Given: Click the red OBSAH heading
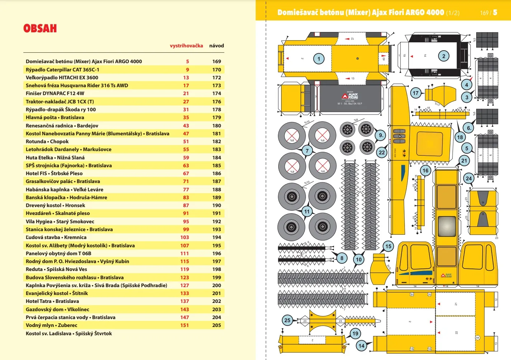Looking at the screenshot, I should click(40, 29).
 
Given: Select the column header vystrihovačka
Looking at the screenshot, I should click(186, 46).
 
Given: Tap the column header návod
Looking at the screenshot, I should click(217, 46).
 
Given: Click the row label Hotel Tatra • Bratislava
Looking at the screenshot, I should click(52, 301).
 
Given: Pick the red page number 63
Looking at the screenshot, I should click(186, 165).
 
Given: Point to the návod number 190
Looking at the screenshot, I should click(217, 205).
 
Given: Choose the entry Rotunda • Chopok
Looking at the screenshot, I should click(47, 141).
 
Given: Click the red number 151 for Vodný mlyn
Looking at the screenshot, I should click(184, 325).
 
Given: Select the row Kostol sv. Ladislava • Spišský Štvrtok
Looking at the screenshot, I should click(69, 333).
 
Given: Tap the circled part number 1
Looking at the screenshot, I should click(318, 59).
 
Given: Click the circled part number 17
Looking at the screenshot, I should click(415, 93).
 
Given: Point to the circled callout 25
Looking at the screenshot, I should click(287, 320).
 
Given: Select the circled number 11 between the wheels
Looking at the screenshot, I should click(307, 211).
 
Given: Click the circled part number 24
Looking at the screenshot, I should click(469, 178).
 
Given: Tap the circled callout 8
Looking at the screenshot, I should click(342, 258).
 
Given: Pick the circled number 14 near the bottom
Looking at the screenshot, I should click(361, 346).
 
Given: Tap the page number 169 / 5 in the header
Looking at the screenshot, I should click(488, 13).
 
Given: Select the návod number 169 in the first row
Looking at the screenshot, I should click(217, 61).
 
